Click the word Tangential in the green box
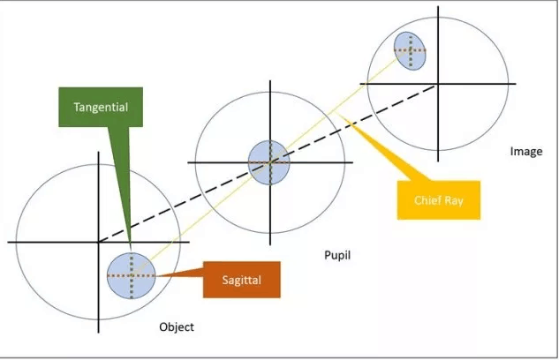(x=102, y=107)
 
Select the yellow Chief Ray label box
(x=439, y=200)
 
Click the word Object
(x=176, y=327)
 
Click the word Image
(x=526, y=152)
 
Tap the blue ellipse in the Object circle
(x=131, y=274)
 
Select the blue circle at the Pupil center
(x=268, y=161)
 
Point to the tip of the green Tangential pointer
(x=130, y=251)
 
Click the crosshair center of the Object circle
(x=98, y=241)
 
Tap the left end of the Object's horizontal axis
(x=8, y=241)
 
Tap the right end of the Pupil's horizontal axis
(x=352, y=162)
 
